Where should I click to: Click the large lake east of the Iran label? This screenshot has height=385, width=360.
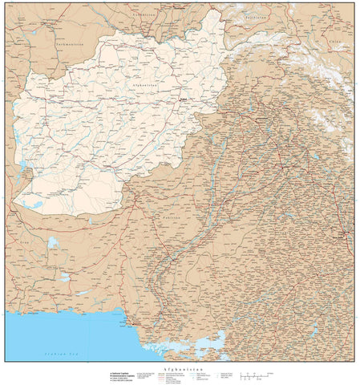(x=52, y=241)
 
